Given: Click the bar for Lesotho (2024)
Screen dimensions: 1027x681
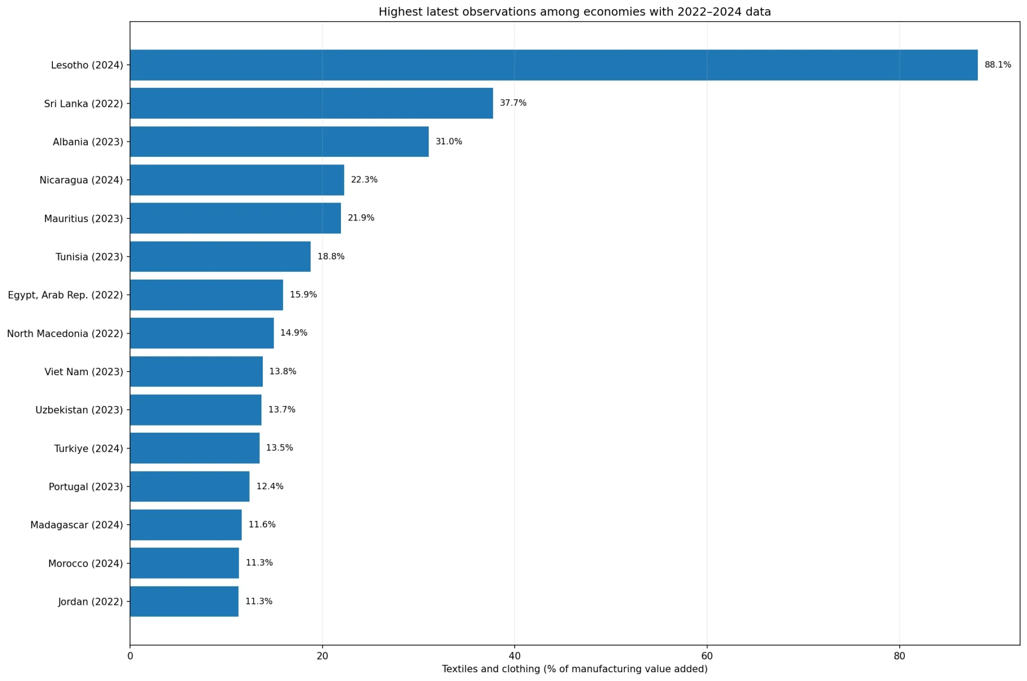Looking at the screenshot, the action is pos(554,65).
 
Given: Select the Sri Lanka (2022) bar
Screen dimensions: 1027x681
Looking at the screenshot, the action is pos(311,103).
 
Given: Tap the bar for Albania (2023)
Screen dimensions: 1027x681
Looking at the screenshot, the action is pos(279,141).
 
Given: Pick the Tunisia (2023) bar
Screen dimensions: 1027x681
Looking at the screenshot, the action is pos(220,256).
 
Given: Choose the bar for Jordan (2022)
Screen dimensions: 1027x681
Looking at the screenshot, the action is pos(184,601).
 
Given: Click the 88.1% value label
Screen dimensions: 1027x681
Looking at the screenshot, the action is pos(998,65).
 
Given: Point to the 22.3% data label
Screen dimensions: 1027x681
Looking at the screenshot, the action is pos(364,180).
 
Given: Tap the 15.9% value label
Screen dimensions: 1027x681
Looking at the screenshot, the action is pos(303,295).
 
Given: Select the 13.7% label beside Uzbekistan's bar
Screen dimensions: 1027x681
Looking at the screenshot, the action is pos(282,410).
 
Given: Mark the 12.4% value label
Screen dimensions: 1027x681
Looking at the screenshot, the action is pos(270,486).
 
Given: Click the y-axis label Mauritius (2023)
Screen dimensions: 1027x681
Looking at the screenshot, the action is pos(84,218).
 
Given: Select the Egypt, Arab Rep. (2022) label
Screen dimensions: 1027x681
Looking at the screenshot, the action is pos(66,295).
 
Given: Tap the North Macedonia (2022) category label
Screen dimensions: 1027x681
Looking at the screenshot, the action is pos(65,334).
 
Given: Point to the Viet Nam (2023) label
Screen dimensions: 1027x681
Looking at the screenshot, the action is pos(84,372).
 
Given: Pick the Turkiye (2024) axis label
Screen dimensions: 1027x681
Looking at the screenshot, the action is pos(89,449).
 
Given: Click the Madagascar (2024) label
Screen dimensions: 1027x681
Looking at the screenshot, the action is pos(77,525).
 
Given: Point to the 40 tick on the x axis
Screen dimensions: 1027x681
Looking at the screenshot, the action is pos(515,656).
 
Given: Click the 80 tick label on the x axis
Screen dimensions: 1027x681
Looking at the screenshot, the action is pos(899,656).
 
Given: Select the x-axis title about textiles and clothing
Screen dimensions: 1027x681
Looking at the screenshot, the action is pos(575,669).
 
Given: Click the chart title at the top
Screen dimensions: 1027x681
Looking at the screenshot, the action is pos(575,12).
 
